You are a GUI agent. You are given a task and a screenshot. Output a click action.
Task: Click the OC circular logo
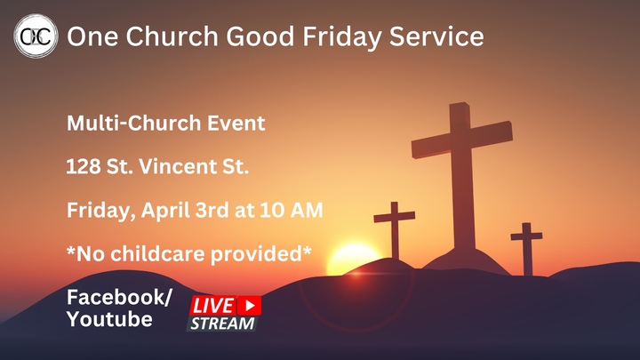pos(36,37)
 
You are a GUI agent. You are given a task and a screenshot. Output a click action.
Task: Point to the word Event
pos(236,124)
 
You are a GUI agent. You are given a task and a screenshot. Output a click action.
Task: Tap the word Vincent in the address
pos(188,167)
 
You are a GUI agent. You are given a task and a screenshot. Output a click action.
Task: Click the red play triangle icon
pos(251,305)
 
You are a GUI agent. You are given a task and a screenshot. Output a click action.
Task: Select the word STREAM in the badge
pos(222,324)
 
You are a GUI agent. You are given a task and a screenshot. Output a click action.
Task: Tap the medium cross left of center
pos(395,226)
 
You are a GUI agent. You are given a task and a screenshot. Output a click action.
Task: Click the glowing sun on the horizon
pos(353,260)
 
